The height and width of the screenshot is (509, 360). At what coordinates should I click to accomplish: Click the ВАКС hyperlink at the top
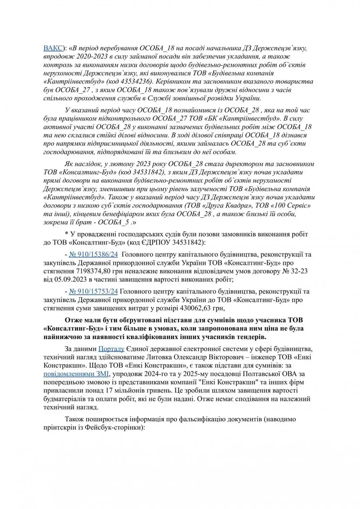(x=53, y=48)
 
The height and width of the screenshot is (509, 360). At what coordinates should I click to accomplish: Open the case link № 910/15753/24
(x=93, y=291)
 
